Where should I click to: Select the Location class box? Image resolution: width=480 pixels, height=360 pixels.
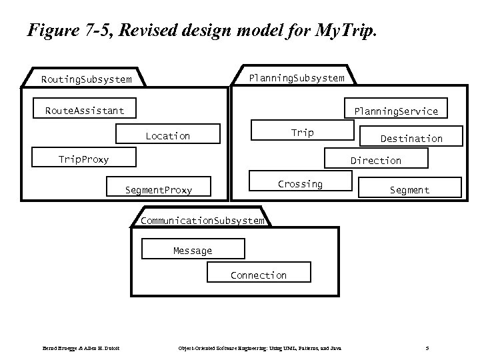pos(168,135)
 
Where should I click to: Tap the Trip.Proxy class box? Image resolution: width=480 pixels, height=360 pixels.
pos(84,159)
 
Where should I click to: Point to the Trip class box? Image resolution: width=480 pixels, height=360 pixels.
pos(302,132)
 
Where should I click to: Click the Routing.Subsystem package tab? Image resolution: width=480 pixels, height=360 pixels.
pos(87,79)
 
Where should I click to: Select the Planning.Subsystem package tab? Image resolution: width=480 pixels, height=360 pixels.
pos(297,78)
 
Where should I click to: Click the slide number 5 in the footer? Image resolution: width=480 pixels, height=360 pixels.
pos(426,347)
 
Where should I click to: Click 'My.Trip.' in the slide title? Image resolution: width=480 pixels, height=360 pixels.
pos(347,30)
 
